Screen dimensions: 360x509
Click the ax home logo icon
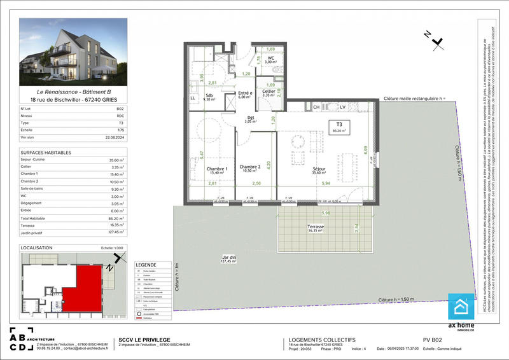[461, 307]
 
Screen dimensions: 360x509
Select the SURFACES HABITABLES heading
[46, 153]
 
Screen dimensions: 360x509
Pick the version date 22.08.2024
[113, 137]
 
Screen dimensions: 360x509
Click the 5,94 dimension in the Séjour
[326, 183]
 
